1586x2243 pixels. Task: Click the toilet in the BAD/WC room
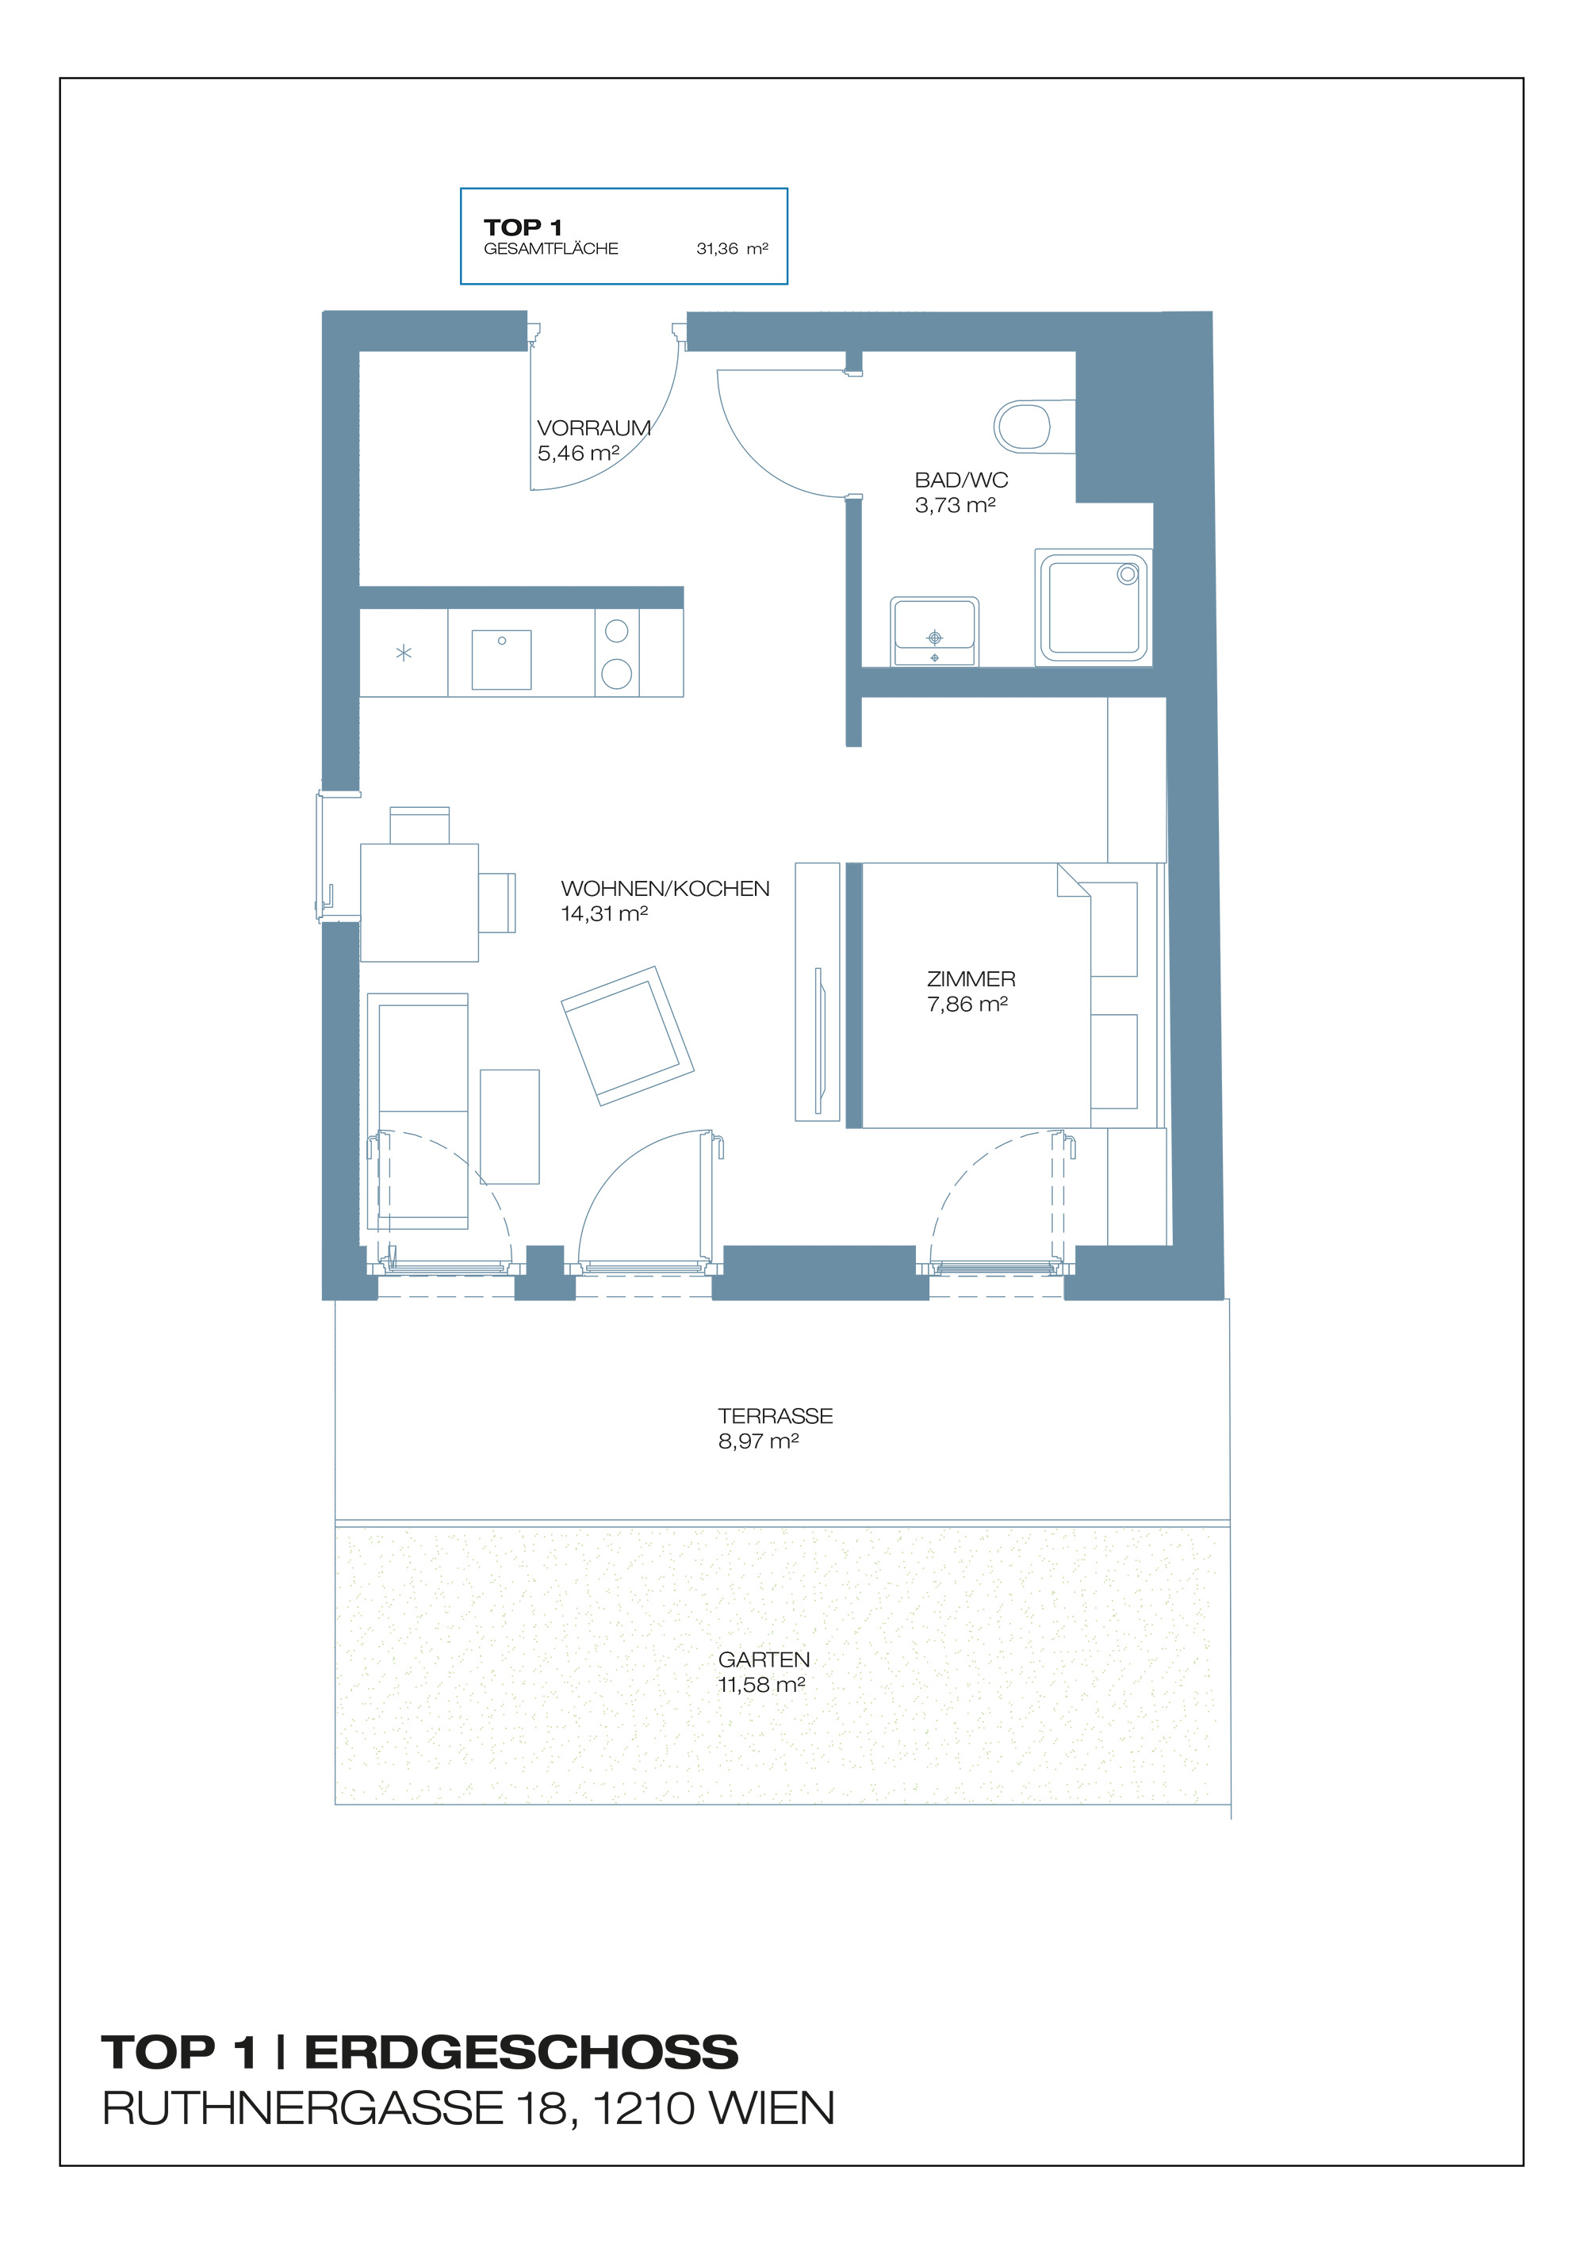1026,427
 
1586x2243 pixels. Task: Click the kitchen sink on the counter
501,660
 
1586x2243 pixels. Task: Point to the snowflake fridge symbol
404,653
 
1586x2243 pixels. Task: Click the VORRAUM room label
593,428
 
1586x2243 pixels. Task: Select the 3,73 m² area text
955,505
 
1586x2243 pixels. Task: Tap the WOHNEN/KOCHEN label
665,888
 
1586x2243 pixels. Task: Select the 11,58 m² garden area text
761,1684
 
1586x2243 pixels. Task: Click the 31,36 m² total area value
731,249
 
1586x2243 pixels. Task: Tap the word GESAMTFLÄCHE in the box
550,249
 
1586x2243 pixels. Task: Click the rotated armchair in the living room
627,1035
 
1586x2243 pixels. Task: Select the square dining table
419,901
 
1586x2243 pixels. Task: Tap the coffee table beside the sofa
509,1127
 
